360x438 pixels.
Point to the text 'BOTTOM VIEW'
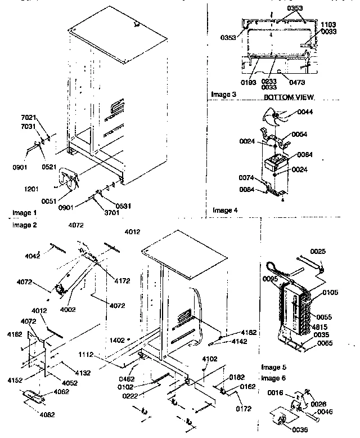pos(289,97)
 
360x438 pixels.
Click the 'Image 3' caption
pos(223,94)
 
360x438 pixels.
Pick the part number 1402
pos(118,340)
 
